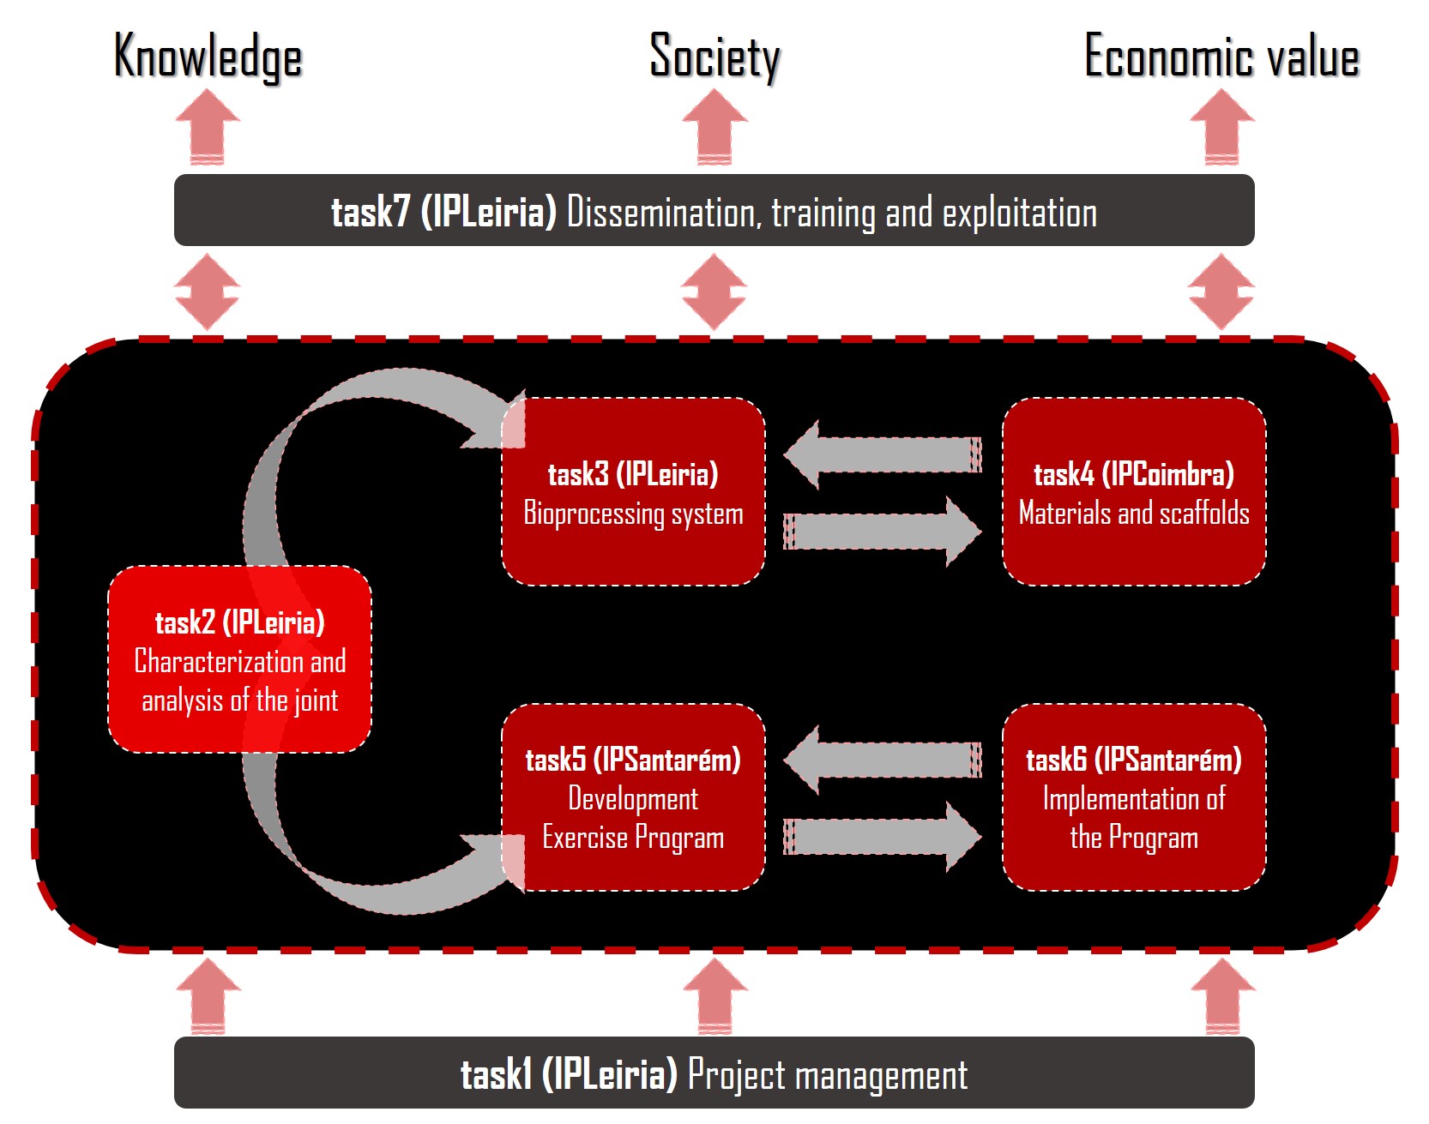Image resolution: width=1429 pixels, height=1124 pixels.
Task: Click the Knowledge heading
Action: click(208, 57)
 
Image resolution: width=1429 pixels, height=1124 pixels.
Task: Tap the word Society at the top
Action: click(714, 57)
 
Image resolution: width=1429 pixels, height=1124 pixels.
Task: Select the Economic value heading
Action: click(1221, 57)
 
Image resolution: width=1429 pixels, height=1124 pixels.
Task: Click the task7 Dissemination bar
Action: click(714, 211)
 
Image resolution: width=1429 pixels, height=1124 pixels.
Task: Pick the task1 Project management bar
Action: click(714, 1073)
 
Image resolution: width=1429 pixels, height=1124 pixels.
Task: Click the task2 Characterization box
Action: click(239, 660)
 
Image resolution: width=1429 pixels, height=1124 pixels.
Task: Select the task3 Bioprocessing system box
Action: click(633, 492)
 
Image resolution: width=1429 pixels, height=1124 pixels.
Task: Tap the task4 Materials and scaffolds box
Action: click(1133, 492)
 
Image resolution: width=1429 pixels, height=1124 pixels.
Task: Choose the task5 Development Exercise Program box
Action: click(633, 798)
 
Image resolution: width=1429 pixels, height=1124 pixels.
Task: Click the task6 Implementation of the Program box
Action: click(1133, 798)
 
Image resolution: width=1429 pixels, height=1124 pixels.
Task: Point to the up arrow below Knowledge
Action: click(208, 126)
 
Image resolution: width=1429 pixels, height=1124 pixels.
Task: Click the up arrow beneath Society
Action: click(714, 126)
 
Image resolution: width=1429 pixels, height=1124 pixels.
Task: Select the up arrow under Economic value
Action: click(1222, 126)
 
